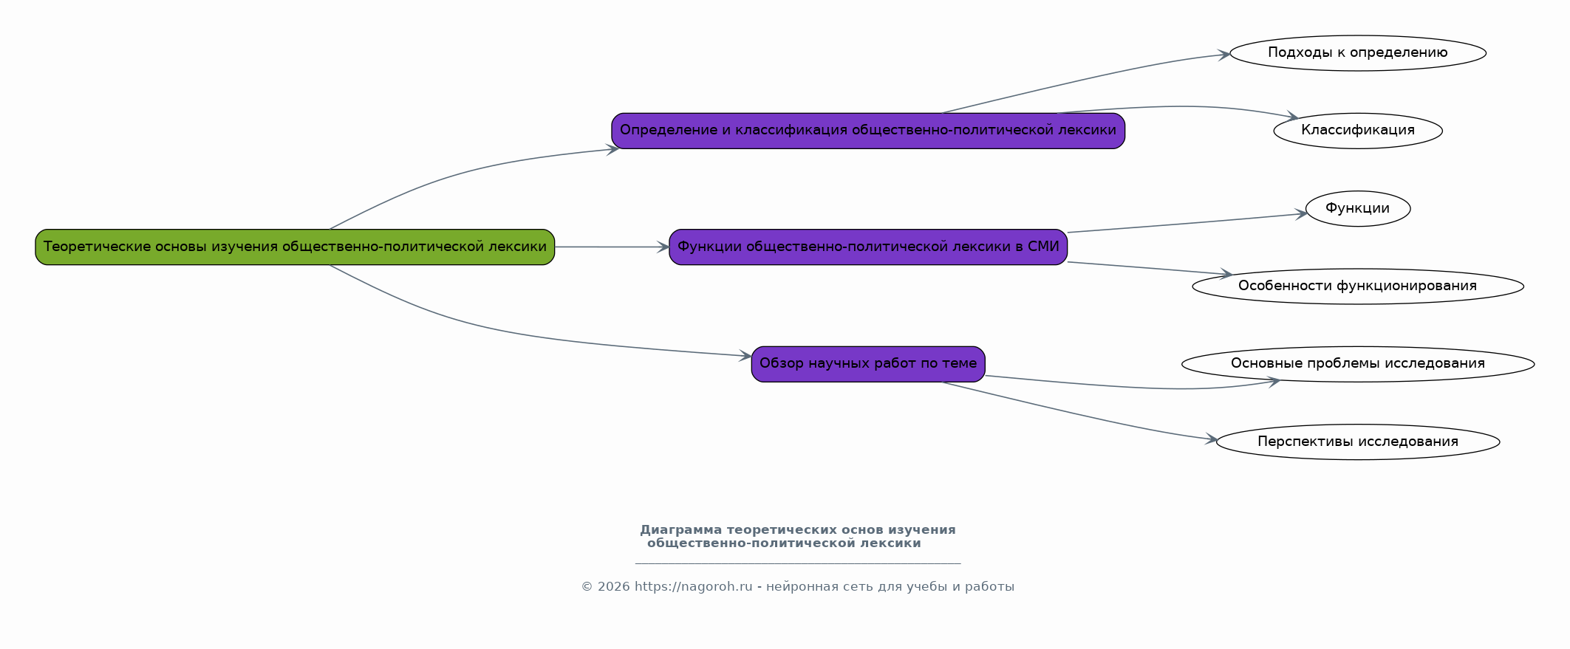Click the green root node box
point(295,247)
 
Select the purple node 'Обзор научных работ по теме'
point(868,363)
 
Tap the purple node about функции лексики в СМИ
point(868,247)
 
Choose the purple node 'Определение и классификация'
point(868,131)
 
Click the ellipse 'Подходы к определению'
point(1358,53)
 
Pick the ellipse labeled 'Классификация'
point(1358,131)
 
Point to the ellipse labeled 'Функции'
point(1358,209)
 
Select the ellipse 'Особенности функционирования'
point(1358,286)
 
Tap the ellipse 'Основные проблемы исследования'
point(1358,363)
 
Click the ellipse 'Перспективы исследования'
point(1358,442)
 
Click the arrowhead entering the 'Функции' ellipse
point(1300,215)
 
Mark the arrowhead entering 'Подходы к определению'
point(1223,55)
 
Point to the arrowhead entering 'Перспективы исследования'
point(1211,440)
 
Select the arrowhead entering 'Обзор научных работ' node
point(745,357)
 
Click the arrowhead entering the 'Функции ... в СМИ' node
point(663,247)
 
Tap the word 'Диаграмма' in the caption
point(680,530)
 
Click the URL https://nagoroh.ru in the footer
point(693,587)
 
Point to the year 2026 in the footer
point(613,587)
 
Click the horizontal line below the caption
point(798,563)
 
